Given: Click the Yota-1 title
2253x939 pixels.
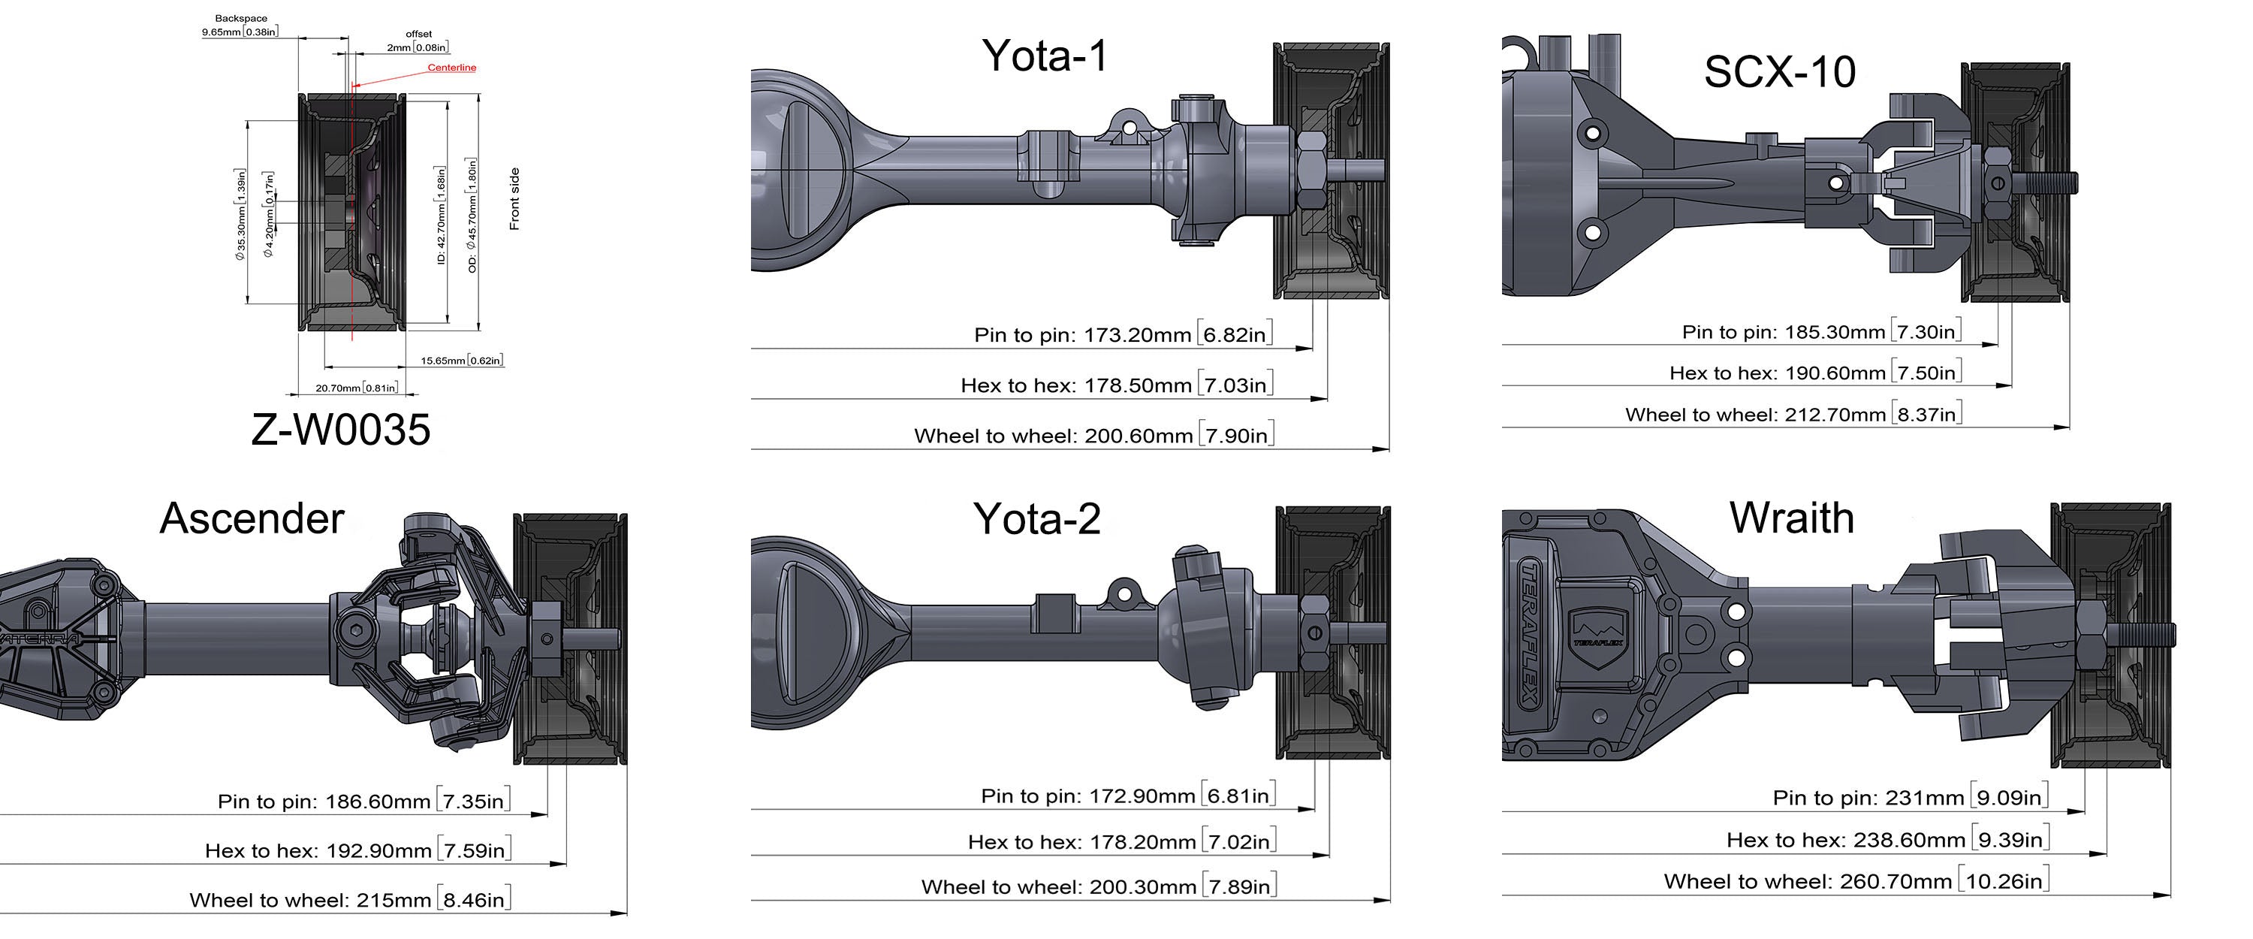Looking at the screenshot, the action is pyautogui.click(x=1045, y=56).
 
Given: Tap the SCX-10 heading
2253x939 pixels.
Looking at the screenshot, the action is pyautogui.click(x=1780, y=72).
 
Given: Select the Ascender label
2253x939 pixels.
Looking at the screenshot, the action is pyautogui.click(x=252, y=518).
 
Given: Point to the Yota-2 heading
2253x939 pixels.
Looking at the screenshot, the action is pyautogui.click(x=1036, y=519).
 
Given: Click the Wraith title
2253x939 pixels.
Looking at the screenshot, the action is pyautogui.click(x=1792, y=518).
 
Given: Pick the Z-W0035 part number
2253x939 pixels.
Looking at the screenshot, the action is pyautogui.click(x=341, y=430).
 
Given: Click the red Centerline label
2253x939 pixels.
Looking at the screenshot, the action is pyautogui.click(x=452, y=68).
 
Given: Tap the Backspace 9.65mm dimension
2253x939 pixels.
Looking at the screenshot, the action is pyautogui.click(x=240, y=26).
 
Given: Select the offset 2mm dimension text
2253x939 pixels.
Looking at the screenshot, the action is pyautogui.click(x=418, y=41).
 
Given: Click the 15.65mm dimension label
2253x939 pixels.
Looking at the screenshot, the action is pyautogui.click(x=462, y=361).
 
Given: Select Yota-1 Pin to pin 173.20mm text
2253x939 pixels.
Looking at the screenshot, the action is pyautogui.click(x=1123, y=334).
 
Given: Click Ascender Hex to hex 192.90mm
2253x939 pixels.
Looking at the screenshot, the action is pyautogui.click(x=357, y=850).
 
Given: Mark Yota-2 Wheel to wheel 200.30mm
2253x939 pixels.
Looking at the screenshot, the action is pyautogui.click(x=1099, y=886).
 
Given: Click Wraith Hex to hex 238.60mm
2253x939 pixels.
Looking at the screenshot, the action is pyautogui.click(x=1888, y=839).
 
